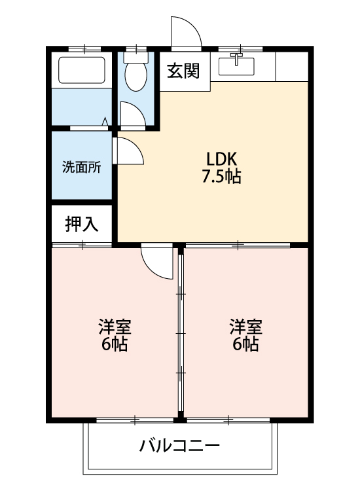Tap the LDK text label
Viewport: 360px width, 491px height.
pyautogui.click(x=221, y=159)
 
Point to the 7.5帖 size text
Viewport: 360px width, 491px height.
pyautogui.click(x=221, y=177)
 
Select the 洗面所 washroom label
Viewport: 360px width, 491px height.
pyautogui.click(x=81, y=166)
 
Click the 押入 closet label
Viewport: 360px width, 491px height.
pyautogui.click(x=82, y=225)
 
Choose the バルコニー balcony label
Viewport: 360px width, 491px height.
pyautogui.click(x=179, y=446)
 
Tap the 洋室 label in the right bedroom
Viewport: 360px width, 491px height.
pyautogui.click(x=246, y=325)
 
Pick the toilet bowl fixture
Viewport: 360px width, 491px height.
pyautogui.click(x=136, y=79)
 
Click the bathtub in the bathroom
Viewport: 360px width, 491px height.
pyautogui.click(x=82, y=70)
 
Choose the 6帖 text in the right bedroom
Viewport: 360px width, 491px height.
pyautogui.click(x=246, y=344)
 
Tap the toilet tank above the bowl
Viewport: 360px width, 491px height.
pyautogui.click(x=136, y=58)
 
